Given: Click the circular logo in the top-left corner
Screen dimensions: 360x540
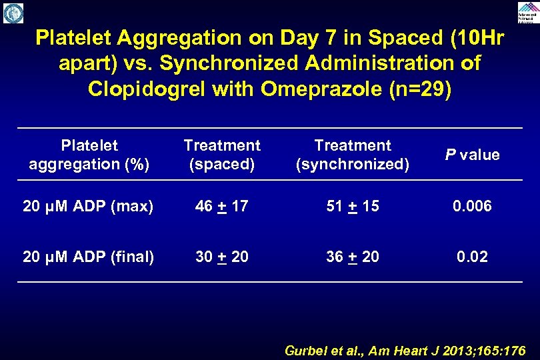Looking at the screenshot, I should point(13,13).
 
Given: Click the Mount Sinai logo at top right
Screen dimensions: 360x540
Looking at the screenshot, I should point(527,12).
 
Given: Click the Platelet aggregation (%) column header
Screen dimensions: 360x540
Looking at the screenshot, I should point(89,155).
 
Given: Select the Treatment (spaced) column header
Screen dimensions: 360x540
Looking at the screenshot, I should point(222,155).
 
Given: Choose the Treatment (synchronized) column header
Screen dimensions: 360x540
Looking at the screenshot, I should point(353,155).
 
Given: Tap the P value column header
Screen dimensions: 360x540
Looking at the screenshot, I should point(472,155).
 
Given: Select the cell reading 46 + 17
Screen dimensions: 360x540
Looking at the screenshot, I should point(222,207).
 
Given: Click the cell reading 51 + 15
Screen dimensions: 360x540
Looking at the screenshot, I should point(353,207).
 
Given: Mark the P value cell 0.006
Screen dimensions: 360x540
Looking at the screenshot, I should point(472,207).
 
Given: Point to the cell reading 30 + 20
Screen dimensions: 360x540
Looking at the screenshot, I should point(222,256).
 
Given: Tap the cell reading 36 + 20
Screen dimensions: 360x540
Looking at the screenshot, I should point(353,256).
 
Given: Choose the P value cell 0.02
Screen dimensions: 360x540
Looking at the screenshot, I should point(472,256).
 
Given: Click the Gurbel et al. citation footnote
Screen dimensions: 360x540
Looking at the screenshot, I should point(405,350).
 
